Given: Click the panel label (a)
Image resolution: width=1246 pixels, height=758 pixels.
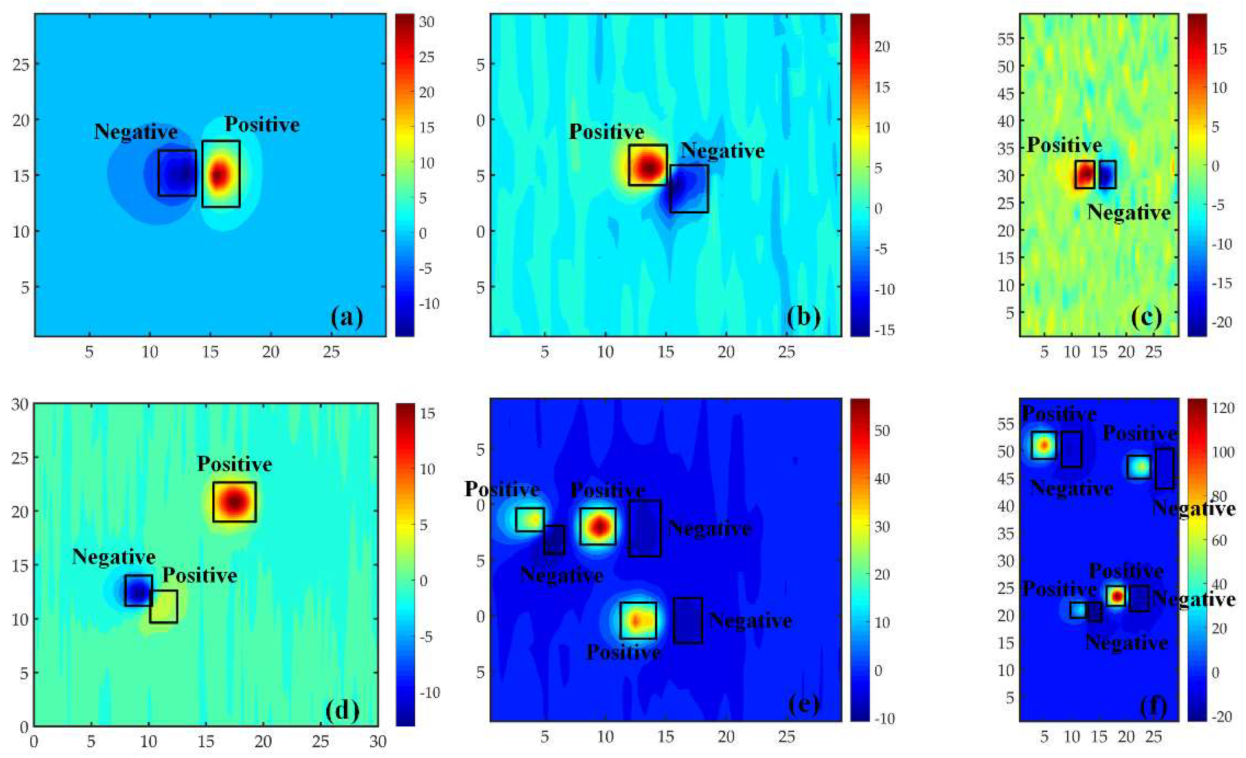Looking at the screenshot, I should [x=347, y=318].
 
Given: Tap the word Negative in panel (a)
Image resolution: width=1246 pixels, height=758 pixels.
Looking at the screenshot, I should [x=135, y=132].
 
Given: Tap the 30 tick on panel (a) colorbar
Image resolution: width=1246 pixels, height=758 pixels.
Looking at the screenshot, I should [x=427, y=22].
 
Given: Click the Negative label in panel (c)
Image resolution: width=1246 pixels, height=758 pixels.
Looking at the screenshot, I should [x=1129, y=212].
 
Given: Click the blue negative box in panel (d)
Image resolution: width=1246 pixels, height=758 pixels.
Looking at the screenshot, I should [x=138, y=590].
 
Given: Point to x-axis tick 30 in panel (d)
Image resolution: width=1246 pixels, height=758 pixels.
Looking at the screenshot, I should [x=378, y=742].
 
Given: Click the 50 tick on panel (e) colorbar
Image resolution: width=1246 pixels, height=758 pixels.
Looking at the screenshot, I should [x=882, y=431].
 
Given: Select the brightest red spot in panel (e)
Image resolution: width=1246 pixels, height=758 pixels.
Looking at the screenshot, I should [x=599, y=526].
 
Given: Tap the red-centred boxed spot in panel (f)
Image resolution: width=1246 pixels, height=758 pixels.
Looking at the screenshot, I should [x=1116, y=596].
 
